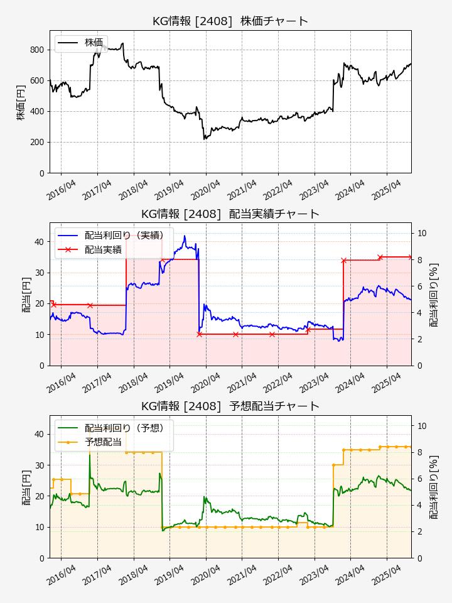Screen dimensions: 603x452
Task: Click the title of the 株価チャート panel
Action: [x=230, y=21]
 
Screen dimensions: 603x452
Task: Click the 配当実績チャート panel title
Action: [x=230, y=214]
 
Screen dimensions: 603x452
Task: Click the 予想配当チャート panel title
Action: [x=230, y=406]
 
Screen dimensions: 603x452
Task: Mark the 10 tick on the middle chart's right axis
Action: [x=422, y=233]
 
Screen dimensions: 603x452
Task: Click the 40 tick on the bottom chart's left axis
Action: [x=40, y=434]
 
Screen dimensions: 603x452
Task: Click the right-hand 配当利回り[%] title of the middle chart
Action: [x=434, y=294]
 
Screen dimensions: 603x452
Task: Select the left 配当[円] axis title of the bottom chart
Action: [x=26, y=486]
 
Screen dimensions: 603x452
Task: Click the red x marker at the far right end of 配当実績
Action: [x=411, y=257]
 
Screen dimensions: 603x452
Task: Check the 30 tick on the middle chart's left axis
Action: [x=40, y=273]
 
